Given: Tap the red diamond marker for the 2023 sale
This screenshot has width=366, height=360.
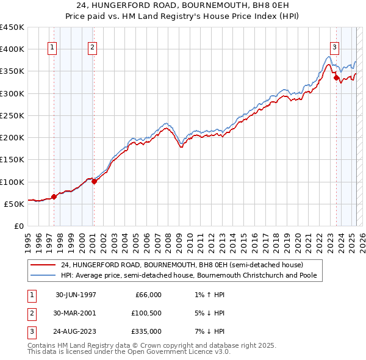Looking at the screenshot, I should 336,77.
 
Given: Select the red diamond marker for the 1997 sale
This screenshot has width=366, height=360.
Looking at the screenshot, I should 54,196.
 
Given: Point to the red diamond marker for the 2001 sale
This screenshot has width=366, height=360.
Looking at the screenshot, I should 94,181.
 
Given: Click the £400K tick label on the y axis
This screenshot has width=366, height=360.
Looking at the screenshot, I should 12,49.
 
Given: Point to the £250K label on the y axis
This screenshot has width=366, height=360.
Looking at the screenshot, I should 12,115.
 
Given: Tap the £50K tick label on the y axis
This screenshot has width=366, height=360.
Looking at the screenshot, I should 15,204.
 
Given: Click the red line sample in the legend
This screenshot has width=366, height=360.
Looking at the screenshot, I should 43,265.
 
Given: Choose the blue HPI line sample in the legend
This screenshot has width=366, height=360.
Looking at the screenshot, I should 43,275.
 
